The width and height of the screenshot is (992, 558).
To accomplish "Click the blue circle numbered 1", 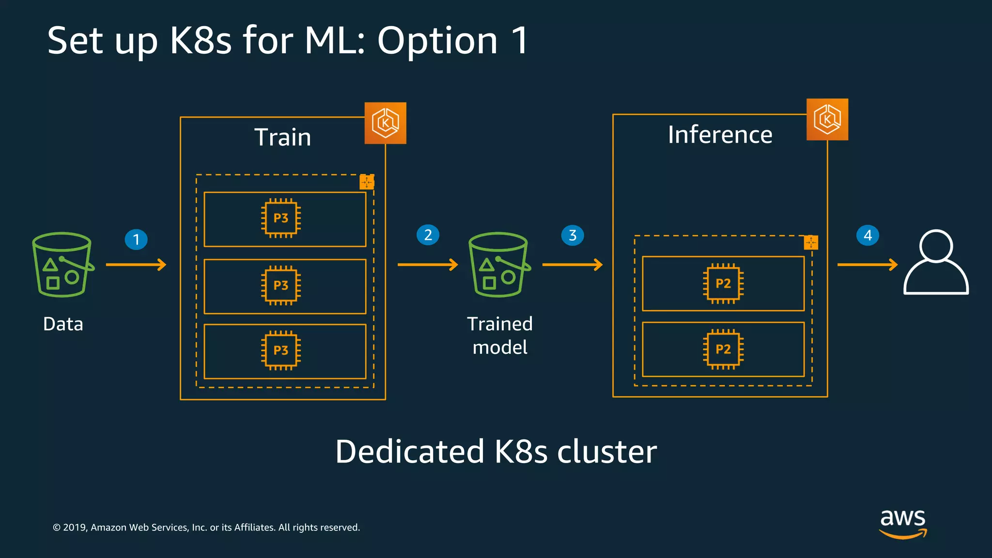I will pos(136,239).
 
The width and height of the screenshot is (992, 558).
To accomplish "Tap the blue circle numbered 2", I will pos(428,235).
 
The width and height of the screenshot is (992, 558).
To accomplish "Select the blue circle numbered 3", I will pos(573,235).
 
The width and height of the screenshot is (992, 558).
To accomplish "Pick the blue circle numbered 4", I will pos(868,235).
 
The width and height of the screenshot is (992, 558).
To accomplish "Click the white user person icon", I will pos(936,262).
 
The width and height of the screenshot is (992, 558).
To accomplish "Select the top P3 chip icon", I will pos(281,218).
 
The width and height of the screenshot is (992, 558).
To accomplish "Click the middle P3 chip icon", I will pos(281,285).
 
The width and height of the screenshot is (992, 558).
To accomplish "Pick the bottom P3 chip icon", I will pos(281,350).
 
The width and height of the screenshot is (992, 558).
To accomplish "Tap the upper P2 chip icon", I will pos(723,283).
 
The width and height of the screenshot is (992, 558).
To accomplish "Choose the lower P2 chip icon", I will pos(723,349).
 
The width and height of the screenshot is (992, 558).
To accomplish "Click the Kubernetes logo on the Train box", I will pos(385,123).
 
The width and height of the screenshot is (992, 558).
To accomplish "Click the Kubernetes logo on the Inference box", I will pos(827,120).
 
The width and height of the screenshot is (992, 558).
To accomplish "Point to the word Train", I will pos(283,137).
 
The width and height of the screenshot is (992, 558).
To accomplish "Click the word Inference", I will pos(720,135).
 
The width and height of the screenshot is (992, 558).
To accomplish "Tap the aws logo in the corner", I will pos(903,523).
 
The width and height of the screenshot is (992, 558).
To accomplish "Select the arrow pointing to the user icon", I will pos(867,264).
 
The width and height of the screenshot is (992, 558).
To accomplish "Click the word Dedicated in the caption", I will pos(410,451).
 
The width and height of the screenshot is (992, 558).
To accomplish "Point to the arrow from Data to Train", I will pos(136,264).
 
